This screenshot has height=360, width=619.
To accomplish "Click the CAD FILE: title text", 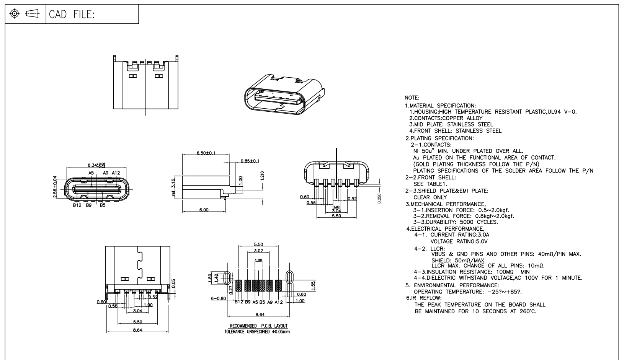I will click(x=72, y=15).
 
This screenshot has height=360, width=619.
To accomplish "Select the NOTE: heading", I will click(x=412, y=98).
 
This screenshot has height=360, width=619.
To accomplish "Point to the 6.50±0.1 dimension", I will click(x=206, y=153).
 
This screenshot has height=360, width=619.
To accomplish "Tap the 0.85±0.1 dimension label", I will click(x=250, y=161).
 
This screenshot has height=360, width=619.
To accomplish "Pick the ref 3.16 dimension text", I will click(x=173, y=187).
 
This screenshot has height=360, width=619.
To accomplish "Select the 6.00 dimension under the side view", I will click(x=204, y=210).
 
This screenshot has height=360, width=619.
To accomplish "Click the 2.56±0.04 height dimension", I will click(x=55, y=187).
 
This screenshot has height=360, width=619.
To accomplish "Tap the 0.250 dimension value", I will click(x=379, y=198).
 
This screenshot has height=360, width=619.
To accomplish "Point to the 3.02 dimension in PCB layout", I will click(x=258, y=251).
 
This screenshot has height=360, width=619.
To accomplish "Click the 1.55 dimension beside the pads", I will click(x=313, y=285).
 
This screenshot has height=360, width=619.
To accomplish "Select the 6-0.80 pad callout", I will click(x=218, y=298).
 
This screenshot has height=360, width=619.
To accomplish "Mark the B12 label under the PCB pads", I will click(x=239, y=302).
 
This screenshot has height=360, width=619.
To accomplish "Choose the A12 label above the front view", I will click(x=116, y=173).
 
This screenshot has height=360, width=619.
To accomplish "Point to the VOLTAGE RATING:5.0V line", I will click(x=459, y=241).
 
